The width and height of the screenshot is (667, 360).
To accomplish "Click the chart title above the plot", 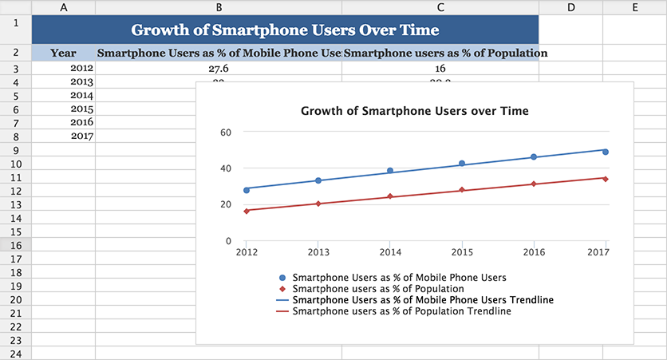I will [414, 111].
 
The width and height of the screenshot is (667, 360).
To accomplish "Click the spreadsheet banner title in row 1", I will [285, 30].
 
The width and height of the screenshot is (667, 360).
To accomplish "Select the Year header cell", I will [63, 53].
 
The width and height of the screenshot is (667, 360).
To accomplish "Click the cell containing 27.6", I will [218, 69].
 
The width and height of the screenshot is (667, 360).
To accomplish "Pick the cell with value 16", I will [440, 69].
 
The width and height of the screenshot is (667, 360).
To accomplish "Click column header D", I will [570, 7].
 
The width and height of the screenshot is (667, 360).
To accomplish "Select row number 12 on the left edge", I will [15, 192].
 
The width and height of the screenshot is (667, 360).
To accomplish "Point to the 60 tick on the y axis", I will [227, 133].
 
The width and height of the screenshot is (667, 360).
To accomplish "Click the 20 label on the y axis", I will [227, 204].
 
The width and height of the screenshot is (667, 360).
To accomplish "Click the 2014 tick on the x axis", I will [390, 252].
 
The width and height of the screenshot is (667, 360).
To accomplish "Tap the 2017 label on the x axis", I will [598, 252].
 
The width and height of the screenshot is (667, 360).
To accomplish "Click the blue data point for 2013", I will [318, 180].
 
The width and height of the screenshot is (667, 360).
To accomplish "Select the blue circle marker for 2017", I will [606, 152].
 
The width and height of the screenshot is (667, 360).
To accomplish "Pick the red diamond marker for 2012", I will [247, 211].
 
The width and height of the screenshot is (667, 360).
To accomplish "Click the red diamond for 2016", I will [534, 184].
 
